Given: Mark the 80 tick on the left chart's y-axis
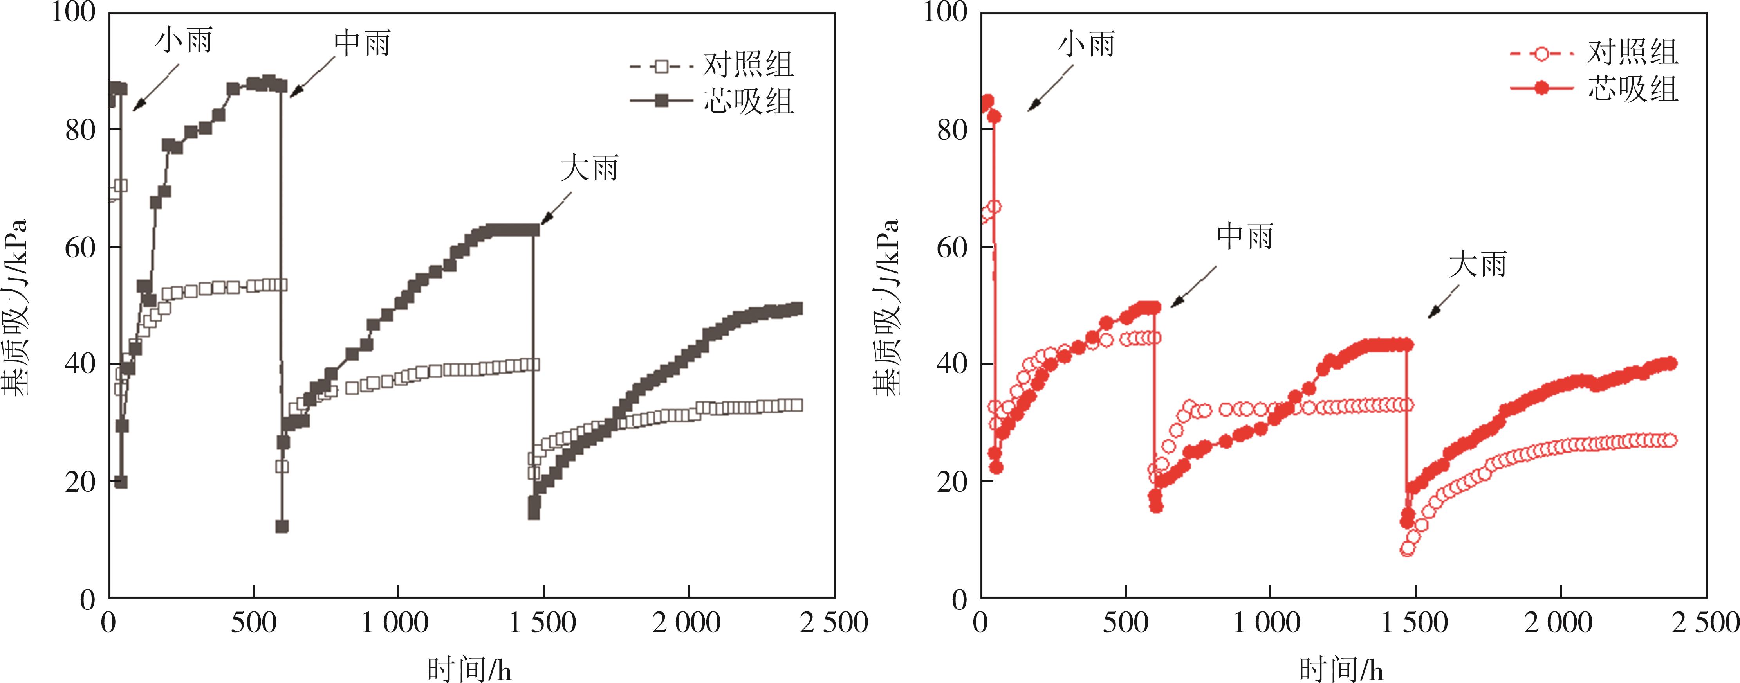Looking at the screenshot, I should [x=80, y=129].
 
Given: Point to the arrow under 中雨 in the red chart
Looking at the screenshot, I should [x=1193, y=287].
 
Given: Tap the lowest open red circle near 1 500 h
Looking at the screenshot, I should [x=1408, y=549].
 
